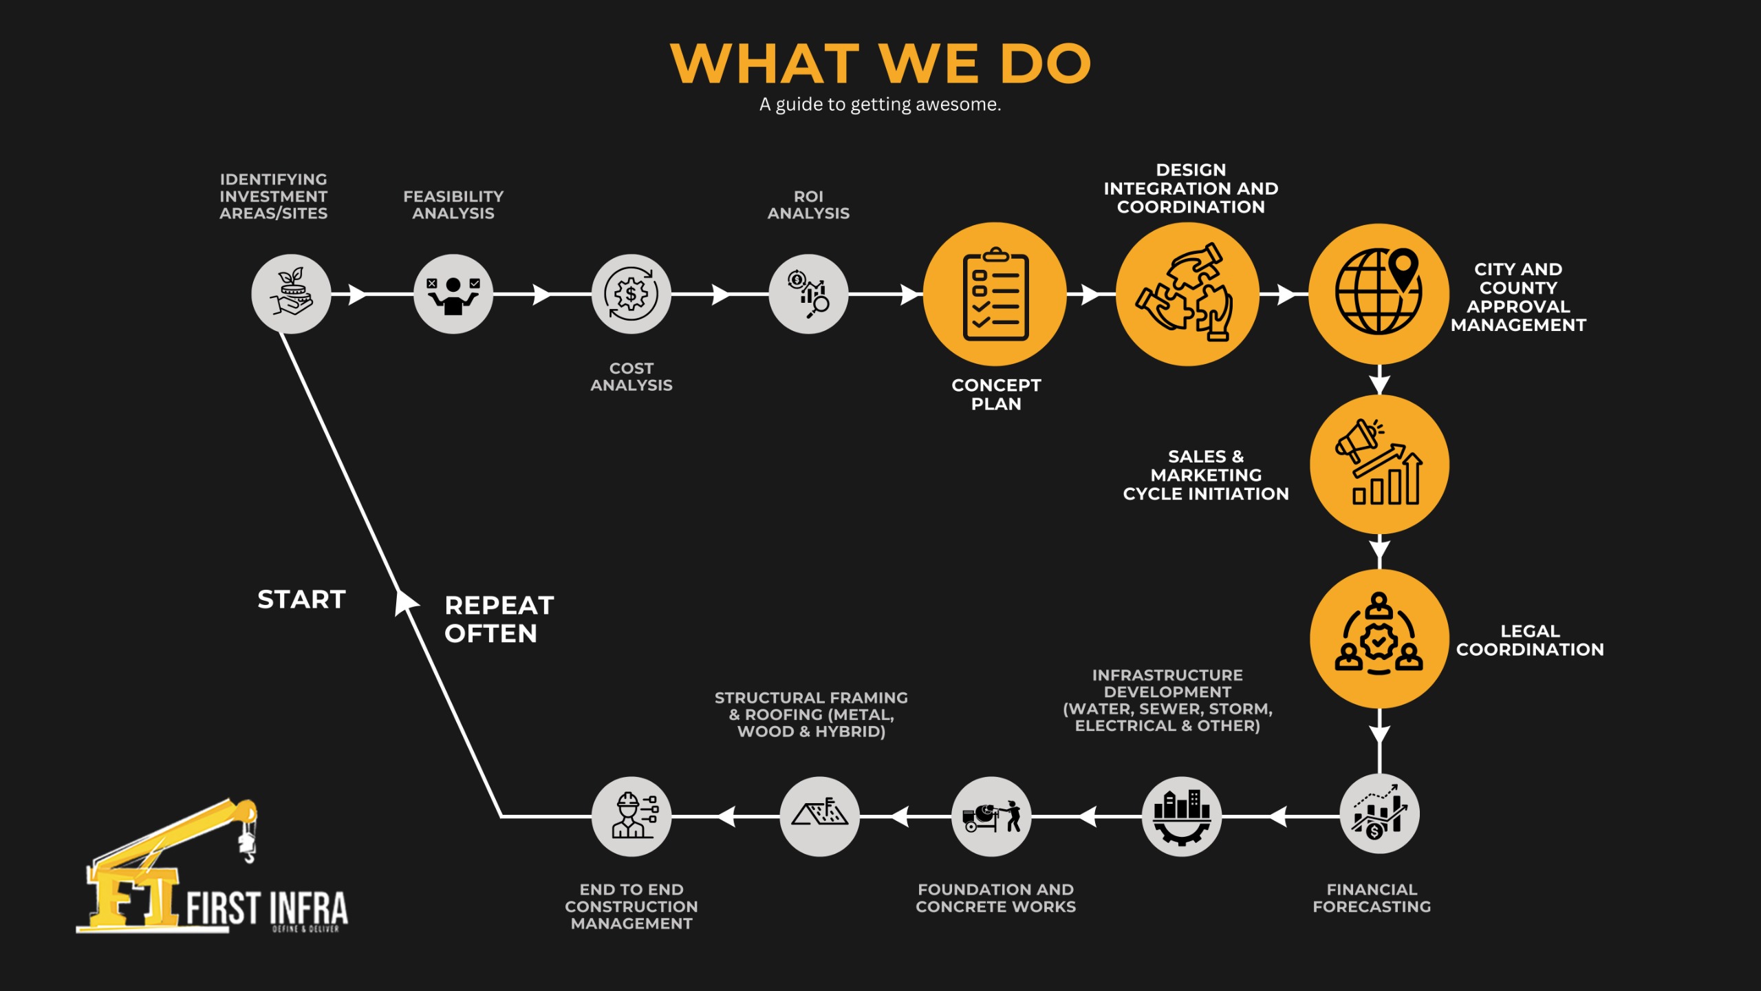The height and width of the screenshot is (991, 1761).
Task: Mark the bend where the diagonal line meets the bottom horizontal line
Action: coord(501,816)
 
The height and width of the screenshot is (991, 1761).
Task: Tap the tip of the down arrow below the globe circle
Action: coord(1379,394)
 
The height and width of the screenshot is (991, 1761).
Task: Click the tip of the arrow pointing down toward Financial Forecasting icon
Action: coord(1379,744)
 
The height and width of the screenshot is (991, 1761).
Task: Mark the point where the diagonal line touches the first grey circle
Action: coord(281,333)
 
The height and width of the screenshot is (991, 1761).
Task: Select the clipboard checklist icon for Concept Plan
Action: coord(996,294)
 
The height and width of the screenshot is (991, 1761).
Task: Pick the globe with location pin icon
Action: coord(1378,291)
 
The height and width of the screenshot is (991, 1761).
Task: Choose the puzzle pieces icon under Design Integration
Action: coord(1185,292)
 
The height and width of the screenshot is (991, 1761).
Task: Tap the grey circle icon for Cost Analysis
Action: coord(631,294)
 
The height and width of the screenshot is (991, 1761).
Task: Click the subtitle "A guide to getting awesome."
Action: coord(880,105)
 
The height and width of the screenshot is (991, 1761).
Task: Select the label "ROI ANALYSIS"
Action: coord(808,205)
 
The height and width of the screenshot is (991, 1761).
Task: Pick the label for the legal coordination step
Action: coord(1530,640)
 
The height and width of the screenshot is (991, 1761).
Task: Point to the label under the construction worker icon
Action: coord(631,906)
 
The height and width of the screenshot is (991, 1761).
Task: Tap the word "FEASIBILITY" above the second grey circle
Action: coord(453,196)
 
